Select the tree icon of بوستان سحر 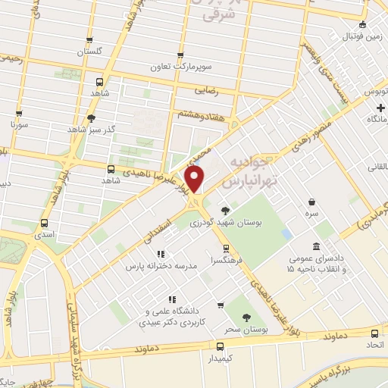click(x=246, y=320)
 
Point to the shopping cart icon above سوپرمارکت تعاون click(x=180, y=55)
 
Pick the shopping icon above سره click(x=311, y=201)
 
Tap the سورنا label click(x=19, y=123)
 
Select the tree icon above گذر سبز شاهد click(x=92, y=117)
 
